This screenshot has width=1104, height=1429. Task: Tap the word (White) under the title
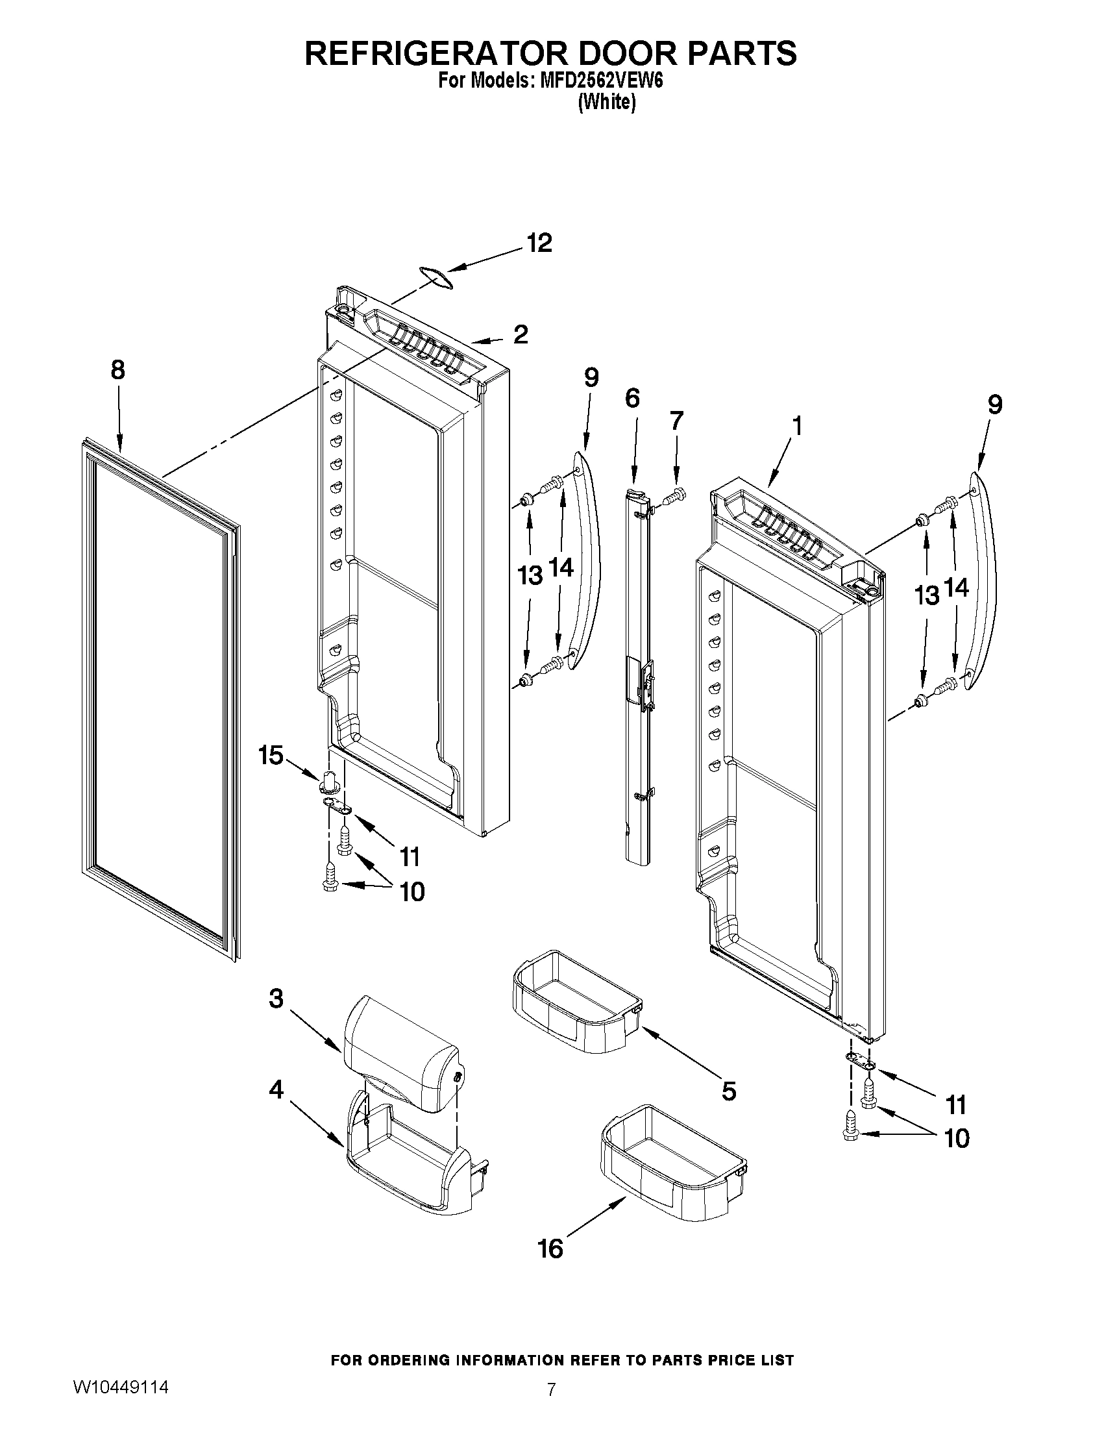click(606, 102)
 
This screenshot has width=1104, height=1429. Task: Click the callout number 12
click(539, 243)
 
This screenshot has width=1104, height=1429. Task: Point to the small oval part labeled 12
click(436, 277)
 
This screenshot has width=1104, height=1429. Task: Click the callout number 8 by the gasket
click(117, 370)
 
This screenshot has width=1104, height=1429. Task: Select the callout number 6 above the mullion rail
click(632, 398)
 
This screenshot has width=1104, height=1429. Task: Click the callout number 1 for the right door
click(796, 426)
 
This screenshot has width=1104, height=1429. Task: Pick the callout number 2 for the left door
click(521, 334)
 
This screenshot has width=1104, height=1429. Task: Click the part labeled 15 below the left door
click(331, 781)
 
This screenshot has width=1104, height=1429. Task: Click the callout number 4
click(276, 1089)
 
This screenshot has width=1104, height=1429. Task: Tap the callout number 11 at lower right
click(955, 1106)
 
